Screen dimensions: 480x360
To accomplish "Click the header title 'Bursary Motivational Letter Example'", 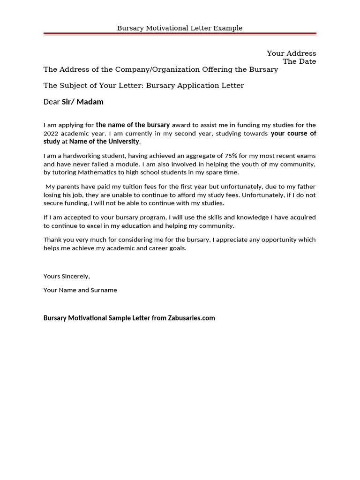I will [180, 28].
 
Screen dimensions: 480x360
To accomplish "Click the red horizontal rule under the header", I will [180, 34].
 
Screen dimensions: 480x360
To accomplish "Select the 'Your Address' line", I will [291, 53].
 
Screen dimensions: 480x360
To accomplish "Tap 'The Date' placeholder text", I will [299, 61].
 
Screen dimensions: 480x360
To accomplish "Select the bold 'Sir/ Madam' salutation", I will [82, 102].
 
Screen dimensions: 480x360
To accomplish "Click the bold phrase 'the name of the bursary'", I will [133, 125].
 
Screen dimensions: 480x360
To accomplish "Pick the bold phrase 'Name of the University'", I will [104, 142].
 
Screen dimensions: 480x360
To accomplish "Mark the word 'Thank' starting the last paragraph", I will [52, 240].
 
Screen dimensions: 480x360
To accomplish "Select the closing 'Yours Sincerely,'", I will [67, 276].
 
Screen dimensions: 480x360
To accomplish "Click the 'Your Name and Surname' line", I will [80, 290].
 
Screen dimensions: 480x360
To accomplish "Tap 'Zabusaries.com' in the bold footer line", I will [191, 318].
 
